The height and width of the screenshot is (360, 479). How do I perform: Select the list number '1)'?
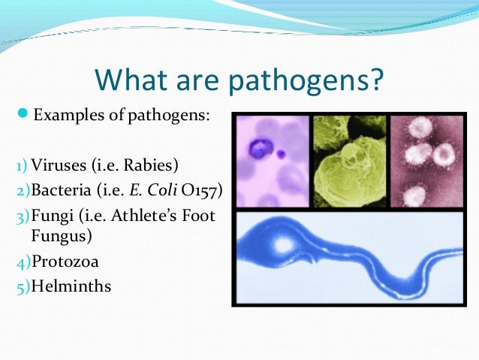tap(22, 164)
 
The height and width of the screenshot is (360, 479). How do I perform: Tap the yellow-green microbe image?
tap(349, 161)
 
